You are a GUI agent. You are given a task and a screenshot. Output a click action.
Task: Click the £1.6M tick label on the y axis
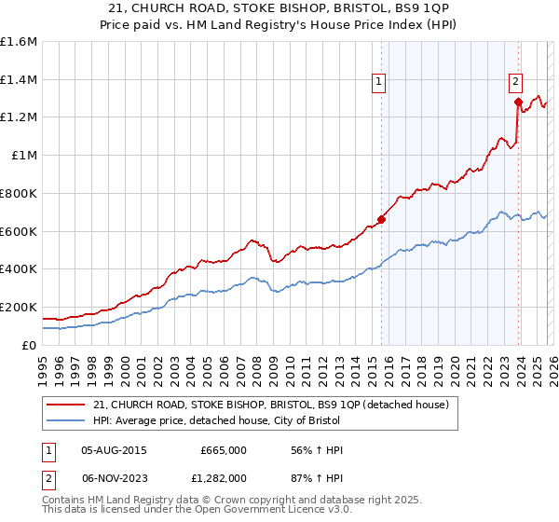[19, 42]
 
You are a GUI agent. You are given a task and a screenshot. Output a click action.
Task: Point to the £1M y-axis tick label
[24, 156]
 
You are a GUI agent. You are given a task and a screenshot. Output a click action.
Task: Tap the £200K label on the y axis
[19, 307]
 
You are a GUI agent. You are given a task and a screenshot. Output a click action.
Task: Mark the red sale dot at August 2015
[380, 220]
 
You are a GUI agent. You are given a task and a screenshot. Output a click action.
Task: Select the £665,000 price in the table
[223, 450]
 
